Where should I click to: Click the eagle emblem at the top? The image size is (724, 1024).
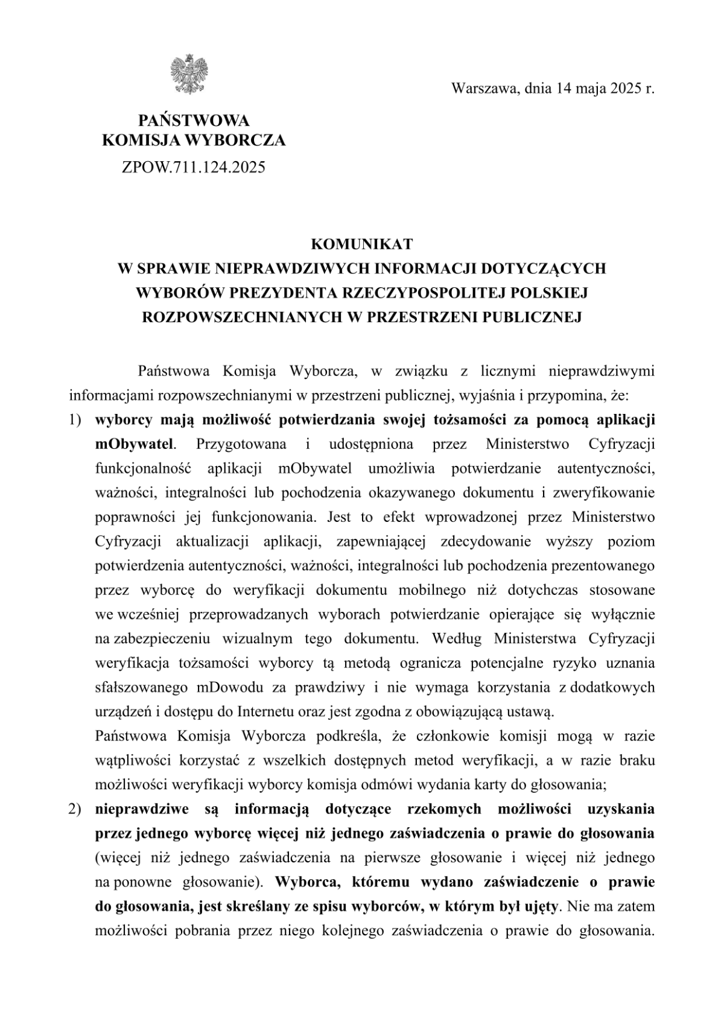pyautogui.click(x=190, y=74)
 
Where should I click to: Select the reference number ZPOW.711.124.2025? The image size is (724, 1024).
pyautogui.click(x=193, y=167)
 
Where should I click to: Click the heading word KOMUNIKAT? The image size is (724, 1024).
pyautogui.click(x=361, y=244)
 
